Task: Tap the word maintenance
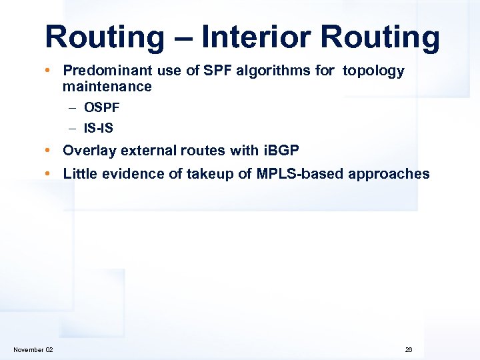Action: point(107,87)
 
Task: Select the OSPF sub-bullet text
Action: point(102,107)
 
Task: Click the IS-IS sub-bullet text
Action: point(99,126)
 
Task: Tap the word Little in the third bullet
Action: point(78,174)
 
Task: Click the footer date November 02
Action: point(33,350)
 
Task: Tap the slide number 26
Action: point(409,350)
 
